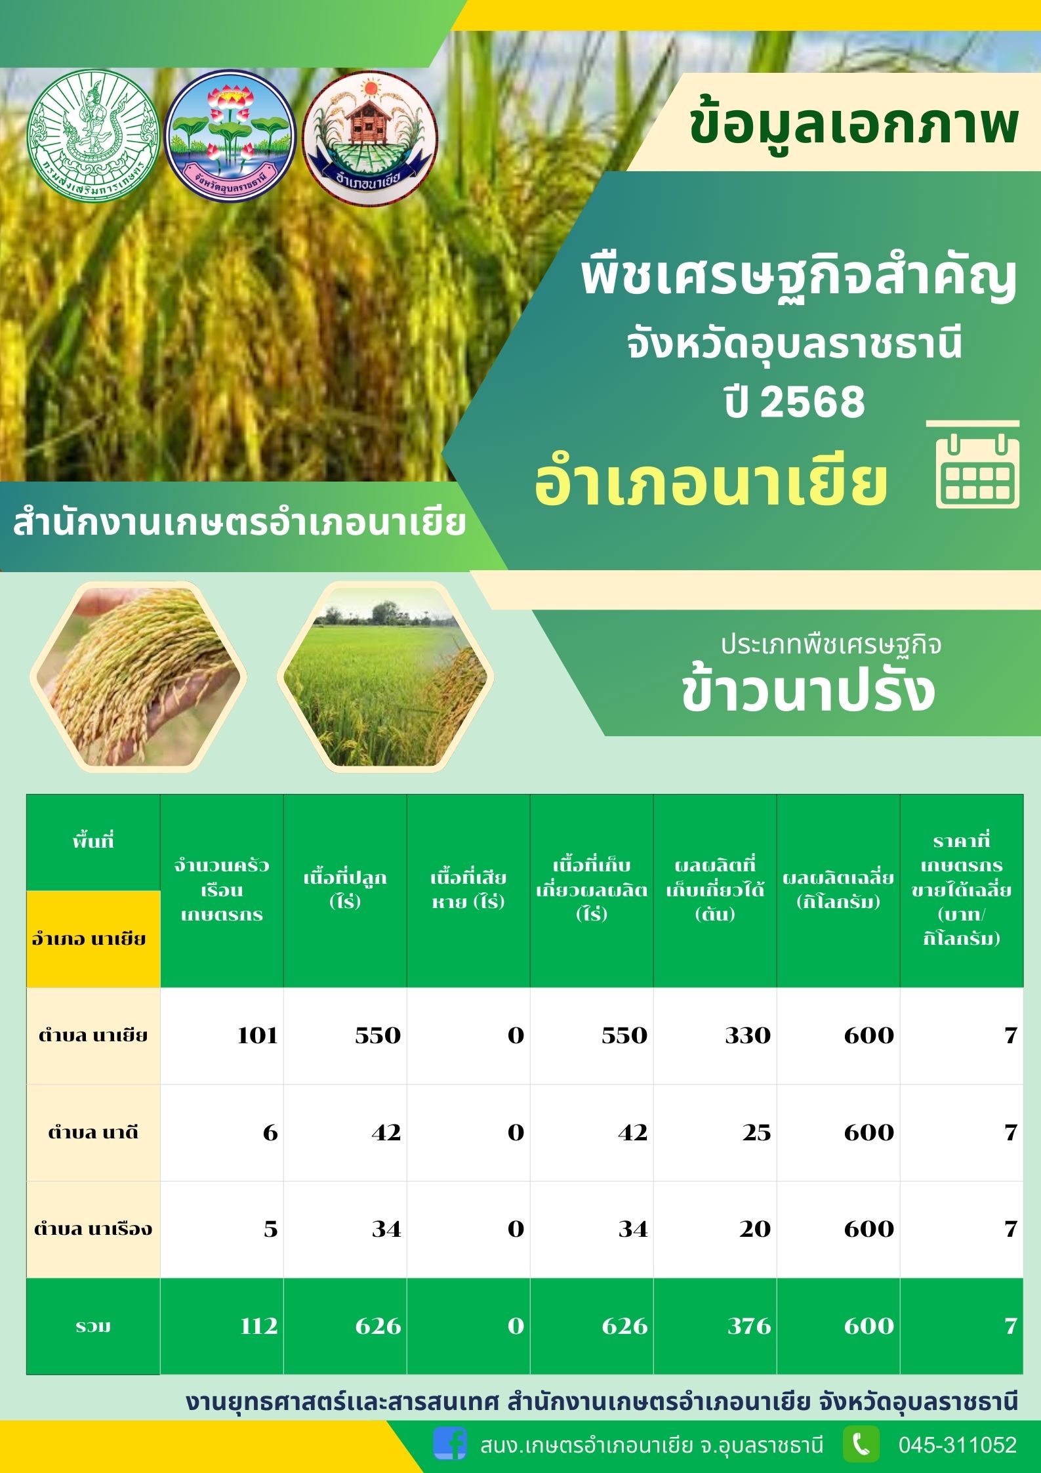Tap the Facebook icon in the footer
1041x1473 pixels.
(x=450, y=1444)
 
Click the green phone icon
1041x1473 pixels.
(x=861, y=1444)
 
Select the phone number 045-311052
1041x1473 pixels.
(x=957, y=1445)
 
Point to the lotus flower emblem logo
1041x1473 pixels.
(x=230, y=136)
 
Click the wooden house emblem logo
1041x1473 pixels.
(x=371, y=137)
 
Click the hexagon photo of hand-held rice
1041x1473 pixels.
(x=138, y=676)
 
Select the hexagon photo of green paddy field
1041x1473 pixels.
(x=385, y=676)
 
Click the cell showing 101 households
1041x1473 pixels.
(x=222, y=1035)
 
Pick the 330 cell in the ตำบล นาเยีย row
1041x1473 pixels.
(x=715, y=1035)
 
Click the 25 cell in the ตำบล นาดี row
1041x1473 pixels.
(x=715, y=1132)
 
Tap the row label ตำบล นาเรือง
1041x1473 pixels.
(x=93, y=1229)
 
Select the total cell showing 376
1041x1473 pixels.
(x=715, y=1326)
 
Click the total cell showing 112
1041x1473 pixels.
(x=222, y=1326)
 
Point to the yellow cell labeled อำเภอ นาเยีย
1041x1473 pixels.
(x=93, y=939)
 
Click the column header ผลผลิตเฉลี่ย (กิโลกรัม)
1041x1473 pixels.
(x=838, y=890)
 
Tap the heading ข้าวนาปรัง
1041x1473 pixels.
(x=808, y=692)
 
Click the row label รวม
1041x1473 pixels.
(x=93, y=1326)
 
